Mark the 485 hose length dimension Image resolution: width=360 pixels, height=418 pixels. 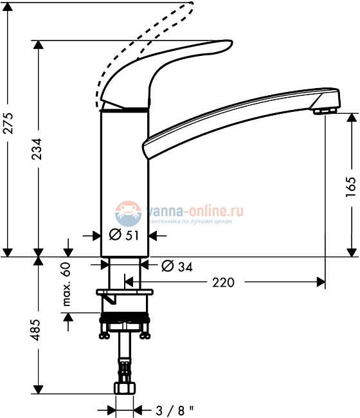pyautogui.click(x=39, y=330)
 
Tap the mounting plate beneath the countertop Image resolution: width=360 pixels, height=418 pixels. pyautogui.click(x=125, y=293)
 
